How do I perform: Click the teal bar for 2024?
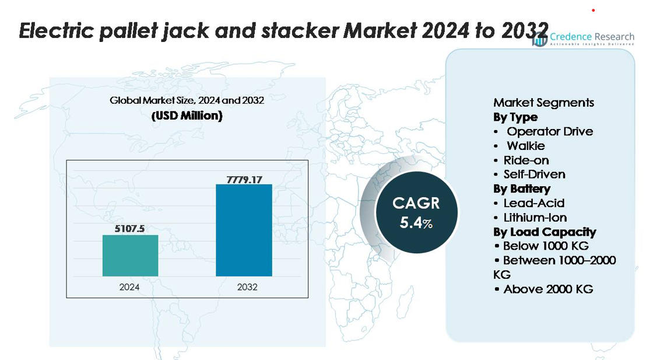click(130, 256)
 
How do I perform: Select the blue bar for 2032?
click(244, 230)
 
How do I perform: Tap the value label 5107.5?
click(130, 229)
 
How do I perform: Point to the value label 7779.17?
click(244, 179)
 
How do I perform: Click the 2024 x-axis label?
click(129, 287)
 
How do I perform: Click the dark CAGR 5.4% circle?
click(416, 212)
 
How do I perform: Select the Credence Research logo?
click(583, 39)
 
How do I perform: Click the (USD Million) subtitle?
click(187, 116)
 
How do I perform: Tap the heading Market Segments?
click(543, 103)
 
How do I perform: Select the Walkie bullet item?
click(525, 146)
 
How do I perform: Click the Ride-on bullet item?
click(526, 160)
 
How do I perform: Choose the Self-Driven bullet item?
click(534, 174)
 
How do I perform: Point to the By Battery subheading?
click(522, 188)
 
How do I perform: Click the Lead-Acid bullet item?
click(533, 203)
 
